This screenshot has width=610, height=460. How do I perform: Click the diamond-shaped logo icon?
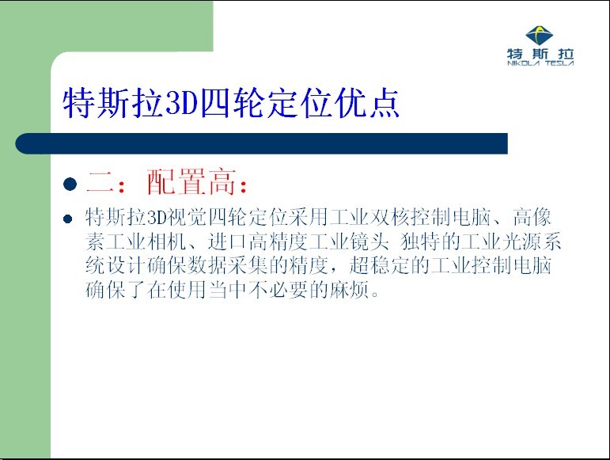click(540, 36)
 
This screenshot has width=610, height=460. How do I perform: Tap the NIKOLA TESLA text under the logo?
click(540, 63)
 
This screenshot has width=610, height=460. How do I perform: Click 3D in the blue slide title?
click(182, 103)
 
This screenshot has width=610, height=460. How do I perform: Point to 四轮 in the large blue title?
click(233, 103)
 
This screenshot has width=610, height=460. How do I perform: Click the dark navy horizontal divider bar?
click(261, 143)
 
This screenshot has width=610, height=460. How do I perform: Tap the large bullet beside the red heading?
click(70, 184)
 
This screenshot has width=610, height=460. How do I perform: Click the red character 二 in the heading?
click(100, 182)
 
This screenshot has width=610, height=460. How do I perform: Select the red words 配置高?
click(191, 182)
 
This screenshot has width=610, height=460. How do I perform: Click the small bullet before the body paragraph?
click(68, 219)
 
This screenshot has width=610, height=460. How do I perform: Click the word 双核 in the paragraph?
click(389, 217)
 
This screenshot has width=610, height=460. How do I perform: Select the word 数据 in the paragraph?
click(207, 266)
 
